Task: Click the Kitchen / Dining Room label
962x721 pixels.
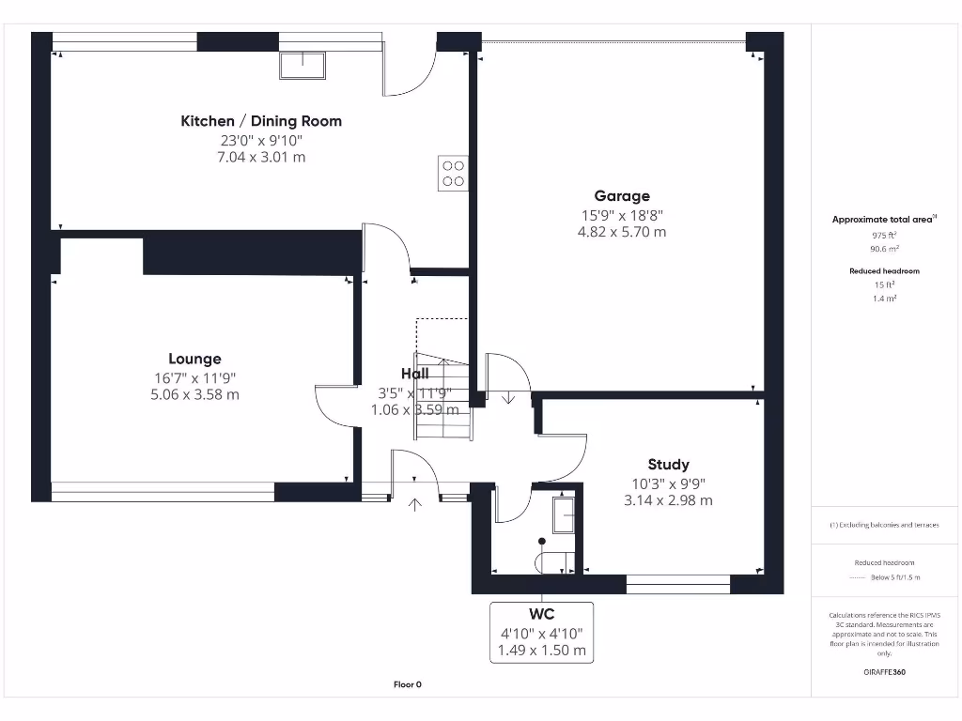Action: (261, 121)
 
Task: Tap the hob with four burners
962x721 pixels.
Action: (453, 174)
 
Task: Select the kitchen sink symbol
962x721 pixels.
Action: (303, 66)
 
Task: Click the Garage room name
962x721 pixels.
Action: (621, 196)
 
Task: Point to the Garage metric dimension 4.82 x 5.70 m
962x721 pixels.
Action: (621, 232)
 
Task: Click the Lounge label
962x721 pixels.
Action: (194, 359)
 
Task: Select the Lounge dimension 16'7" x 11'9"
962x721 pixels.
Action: (194, 377)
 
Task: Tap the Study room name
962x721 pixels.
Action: (668, 464)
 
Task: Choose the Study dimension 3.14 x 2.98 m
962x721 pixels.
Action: (668, 500)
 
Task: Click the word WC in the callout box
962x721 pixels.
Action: (541, 615)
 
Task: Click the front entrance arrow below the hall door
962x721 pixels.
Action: (415, 506)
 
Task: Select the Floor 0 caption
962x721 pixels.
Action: (407, 684)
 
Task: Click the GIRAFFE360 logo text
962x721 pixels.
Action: (883, 672)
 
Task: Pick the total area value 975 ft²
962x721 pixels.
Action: (883, 236)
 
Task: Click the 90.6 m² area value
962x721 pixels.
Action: (883, 250)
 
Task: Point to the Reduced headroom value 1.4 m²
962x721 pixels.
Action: (883, 297)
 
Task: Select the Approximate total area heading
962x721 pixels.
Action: (883, 220)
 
